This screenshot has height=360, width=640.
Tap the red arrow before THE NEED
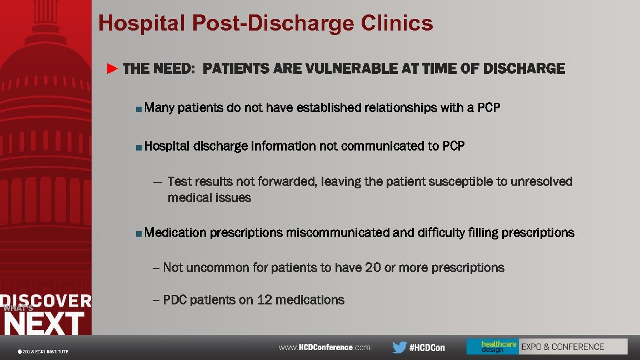pos(113,69)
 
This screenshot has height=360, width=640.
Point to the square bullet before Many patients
pos(138,109)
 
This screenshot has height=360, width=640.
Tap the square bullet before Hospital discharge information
pos(138,148)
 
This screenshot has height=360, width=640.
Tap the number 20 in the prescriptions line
pos(373,268)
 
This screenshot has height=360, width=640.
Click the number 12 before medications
pos(264,300)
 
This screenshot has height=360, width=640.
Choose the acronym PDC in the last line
pos(174,300)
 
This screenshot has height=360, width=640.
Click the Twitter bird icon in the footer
pos(399,347)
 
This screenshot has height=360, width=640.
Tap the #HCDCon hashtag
pos(427,348)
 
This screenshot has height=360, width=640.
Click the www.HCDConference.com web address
pos(324,347)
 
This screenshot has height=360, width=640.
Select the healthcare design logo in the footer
pos(492,347)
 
